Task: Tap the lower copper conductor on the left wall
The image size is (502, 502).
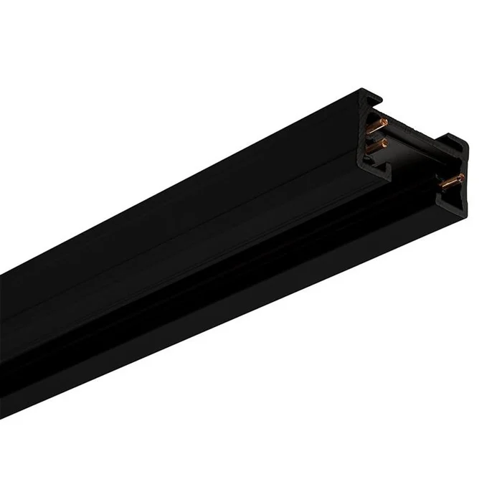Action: [376, 146]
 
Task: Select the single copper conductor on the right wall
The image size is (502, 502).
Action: [450, 183]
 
